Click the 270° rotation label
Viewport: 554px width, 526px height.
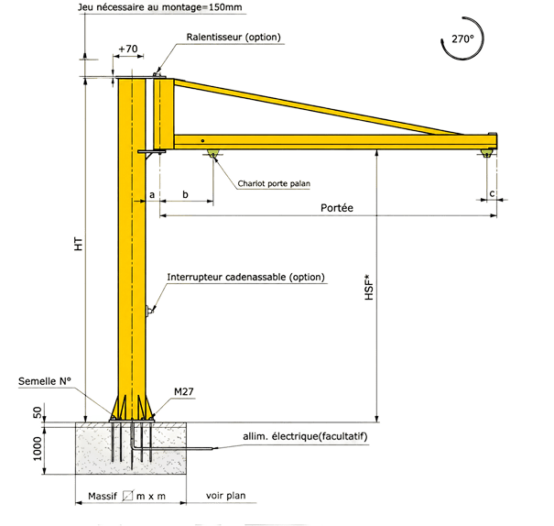tap(462, 38)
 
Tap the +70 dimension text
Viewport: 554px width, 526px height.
tap(128, 49)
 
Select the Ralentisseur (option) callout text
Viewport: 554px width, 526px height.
tap(234, 37)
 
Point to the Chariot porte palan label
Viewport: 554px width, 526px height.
tap(274, 183)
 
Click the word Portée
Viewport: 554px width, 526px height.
tap(337, 207)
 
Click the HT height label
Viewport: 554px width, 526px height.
tap(79, 245)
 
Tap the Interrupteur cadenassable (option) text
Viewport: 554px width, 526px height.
tap(246, 277)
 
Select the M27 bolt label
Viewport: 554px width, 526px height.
tap(184, 391)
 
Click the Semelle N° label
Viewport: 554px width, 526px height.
tap(45, 381)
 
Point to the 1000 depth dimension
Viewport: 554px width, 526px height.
tap(38, 449)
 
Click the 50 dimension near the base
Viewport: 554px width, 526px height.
tap(38, 412)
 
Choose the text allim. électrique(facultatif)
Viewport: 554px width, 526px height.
tap(305, 436)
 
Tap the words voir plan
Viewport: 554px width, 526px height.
tap(226, 495)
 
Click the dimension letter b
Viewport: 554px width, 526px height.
tap(185, 194)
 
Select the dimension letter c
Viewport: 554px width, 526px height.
tap(492, 193)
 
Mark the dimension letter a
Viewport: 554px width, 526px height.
tap(152, 195)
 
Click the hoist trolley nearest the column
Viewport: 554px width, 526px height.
tap(213, 153)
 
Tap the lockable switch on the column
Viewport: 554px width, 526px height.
tap(149, 311)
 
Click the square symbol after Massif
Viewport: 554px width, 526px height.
tap(127, 496)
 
